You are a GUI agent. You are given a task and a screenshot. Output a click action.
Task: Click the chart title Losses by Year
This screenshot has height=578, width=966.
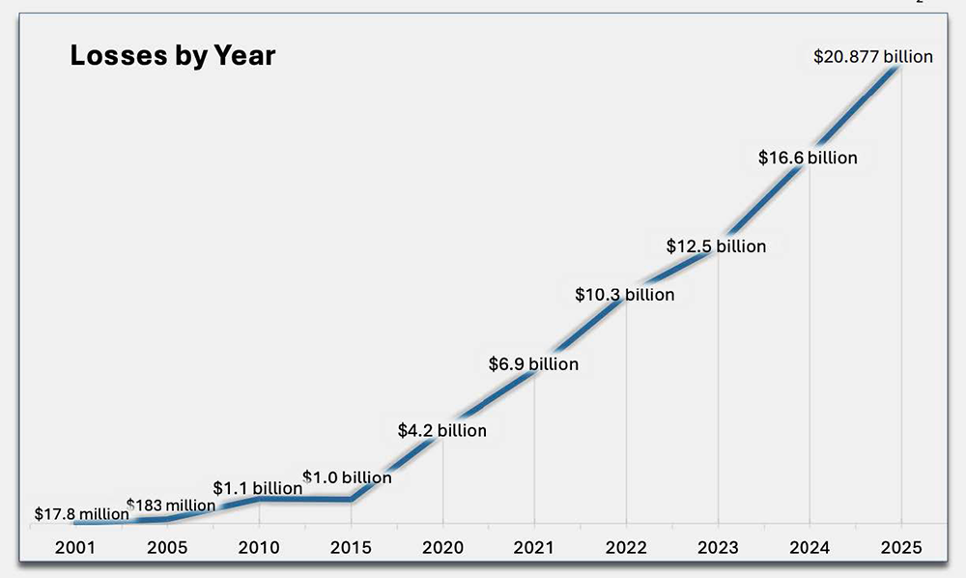click(x=172, y=56)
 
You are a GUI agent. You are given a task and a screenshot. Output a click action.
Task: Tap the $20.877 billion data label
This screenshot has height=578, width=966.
click(x=871, y=56)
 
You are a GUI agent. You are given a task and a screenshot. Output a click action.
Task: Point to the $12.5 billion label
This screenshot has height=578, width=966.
click(x=716, y=246)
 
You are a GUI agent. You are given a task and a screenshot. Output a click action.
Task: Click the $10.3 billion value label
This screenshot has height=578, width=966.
click(x=624, y=294)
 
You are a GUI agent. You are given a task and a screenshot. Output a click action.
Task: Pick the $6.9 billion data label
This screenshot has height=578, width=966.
click(x=533, y=364)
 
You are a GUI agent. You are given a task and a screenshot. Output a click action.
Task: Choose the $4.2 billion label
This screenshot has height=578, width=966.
click(x=442, y=430)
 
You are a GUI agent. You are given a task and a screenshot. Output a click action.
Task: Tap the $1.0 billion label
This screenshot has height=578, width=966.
click(x=348, y=477)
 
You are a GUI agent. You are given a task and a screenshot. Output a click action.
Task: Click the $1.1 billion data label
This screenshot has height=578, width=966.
click(x=258, y=488)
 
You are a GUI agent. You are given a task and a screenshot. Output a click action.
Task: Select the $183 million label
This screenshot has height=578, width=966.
click(x=171, y=505)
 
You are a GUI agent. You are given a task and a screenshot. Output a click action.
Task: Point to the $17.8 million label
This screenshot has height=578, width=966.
click(x=81, y=514)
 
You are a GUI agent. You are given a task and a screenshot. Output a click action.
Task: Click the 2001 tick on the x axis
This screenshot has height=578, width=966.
click(x=75, y=548)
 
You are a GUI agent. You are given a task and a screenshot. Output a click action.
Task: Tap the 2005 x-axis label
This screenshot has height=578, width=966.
click(x=167, y=548)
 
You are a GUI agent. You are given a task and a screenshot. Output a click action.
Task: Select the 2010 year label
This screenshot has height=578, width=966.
click(x=259, y=548)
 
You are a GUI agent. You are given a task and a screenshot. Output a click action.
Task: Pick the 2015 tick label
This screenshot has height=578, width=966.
click(x=351, y=548)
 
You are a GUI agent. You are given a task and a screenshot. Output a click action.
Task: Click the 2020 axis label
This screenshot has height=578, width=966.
click(x=442, y=548)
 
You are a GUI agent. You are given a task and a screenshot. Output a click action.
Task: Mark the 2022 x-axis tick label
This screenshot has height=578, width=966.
click(x=626, y=548)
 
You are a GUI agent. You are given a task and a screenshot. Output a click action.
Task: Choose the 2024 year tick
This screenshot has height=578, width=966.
click(x=810, y=548)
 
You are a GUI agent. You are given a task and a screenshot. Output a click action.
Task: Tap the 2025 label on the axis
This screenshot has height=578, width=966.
click(x=901, y=548)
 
